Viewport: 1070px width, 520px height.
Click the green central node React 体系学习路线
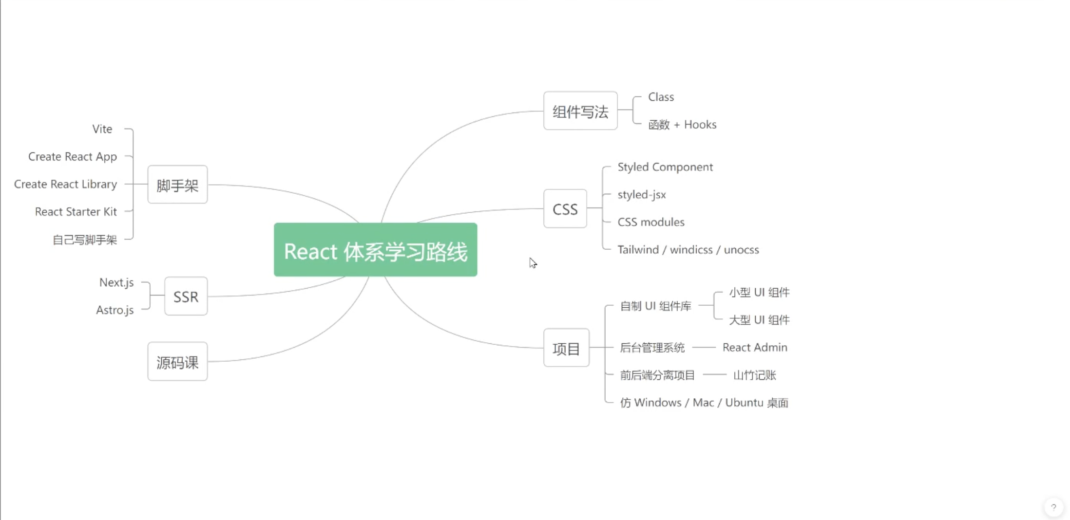pos(375,250)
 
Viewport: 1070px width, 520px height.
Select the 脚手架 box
pos(177,185)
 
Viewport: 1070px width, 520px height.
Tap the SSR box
pos(186,296)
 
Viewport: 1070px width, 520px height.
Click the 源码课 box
pos(177,361)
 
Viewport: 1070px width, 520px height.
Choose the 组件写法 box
pos(580,111)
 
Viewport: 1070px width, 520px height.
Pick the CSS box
pos(565,208)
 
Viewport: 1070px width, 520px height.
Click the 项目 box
pos(566,348)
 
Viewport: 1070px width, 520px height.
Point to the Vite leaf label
pos(102,129)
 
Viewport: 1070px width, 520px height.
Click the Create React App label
pos(73,157)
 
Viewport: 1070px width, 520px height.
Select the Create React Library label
pos(66,185)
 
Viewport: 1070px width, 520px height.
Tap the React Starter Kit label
pos(76,212)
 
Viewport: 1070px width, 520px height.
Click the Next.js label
pos(116,283)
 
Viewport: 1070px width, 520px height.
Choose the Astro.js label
pos(115,310)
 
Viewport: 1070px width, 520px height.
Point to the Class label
pos(661,97)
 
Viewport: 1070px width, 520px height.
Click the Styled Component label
pos(665,167)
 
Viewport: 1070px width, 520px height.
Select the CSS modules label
pos(651,222)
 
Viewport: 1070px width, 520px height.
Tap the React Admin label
pos(755,348)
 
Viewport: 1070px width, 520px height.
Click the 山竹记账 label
pos(755,375)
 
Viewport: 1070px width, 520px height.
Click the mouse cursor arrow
pos(533,263)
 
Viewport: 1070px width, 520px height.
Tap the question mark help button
pos(1053,507)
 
